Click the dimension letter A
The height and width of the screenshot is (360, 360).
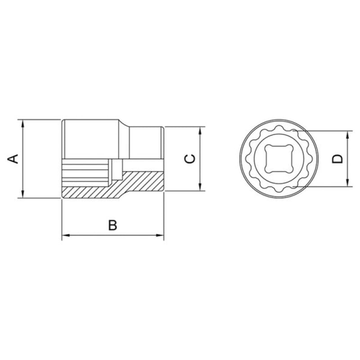pos(13,159)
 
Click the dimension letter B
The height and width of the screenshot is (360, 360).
pos(113,225)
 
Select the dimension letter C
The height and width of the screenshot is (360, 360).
pos(190,159)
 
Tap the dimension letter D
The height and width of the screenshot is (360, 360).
pos(337,159)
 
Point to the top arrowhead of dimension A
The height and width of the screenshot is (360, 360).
pos(22,123)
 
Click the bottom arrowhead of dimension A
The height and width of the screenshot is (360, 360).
pos(22,194)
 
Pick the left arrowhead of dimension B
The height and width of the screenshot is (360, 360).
pos(66,235)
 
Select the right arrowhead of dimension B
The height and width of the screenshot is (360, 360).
pos(160,235)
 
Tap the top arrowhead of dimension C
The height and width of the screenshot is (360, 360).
pos(200,130)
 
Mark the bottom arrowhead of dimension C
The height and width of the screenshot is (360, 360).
pos(200,187)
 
